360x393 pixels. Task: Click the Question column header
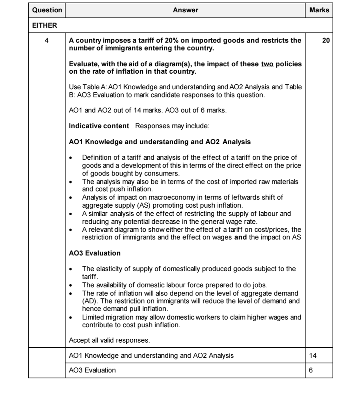point(47,10)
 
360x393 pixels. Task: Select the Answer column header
point(185,10)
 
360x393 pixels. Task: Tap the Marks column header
point(319,10)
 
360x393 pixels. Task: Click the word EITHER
point(45,25)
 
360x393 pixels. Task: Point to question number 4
point(47,41)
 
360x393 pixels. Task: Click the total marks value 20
point(326,41)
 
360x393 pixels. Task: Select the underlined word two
point(267,64)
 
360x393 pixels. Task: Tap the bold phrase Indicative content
point(99,126)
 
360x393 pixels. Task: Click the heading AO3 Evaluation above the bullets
point(95,253)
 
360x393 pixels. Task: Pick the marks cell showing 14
point(313,356)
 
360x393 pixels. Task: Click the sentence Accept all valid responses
point(109,340)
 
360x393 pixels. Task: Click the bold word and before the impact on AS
point(240,237)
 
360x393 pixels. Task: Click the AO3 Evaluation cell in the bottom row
point(92,370)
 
